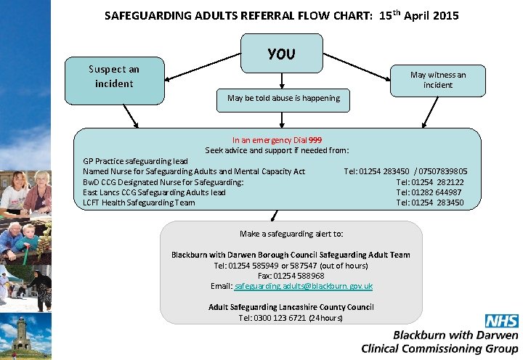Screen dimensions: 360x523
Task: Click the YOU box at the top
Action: [282, 54]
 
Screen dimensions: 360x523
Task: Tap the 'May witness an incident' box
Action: [438, 80]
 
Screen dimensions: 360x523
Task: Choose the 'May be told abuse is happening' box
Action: [283, 98]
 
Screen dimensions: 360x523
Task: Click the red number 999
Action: [315, 140]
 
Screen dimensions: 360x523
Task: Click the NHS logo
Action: [501, 322]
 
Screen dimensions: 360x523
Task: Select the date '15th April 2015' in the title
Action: [419, 15]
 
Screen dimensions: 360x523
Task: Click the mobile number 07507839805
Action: [442, 171]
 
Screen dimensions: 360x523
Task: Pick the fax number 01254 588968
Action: [300, 276]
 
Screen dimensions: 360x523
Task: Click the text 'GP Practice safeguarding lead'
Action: [135, 161]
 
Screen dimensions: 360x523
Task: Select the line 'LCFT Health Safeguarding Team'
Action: [139, 202]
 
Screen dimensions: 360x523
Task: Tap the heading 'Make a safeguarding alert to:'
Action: [291, 234]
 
